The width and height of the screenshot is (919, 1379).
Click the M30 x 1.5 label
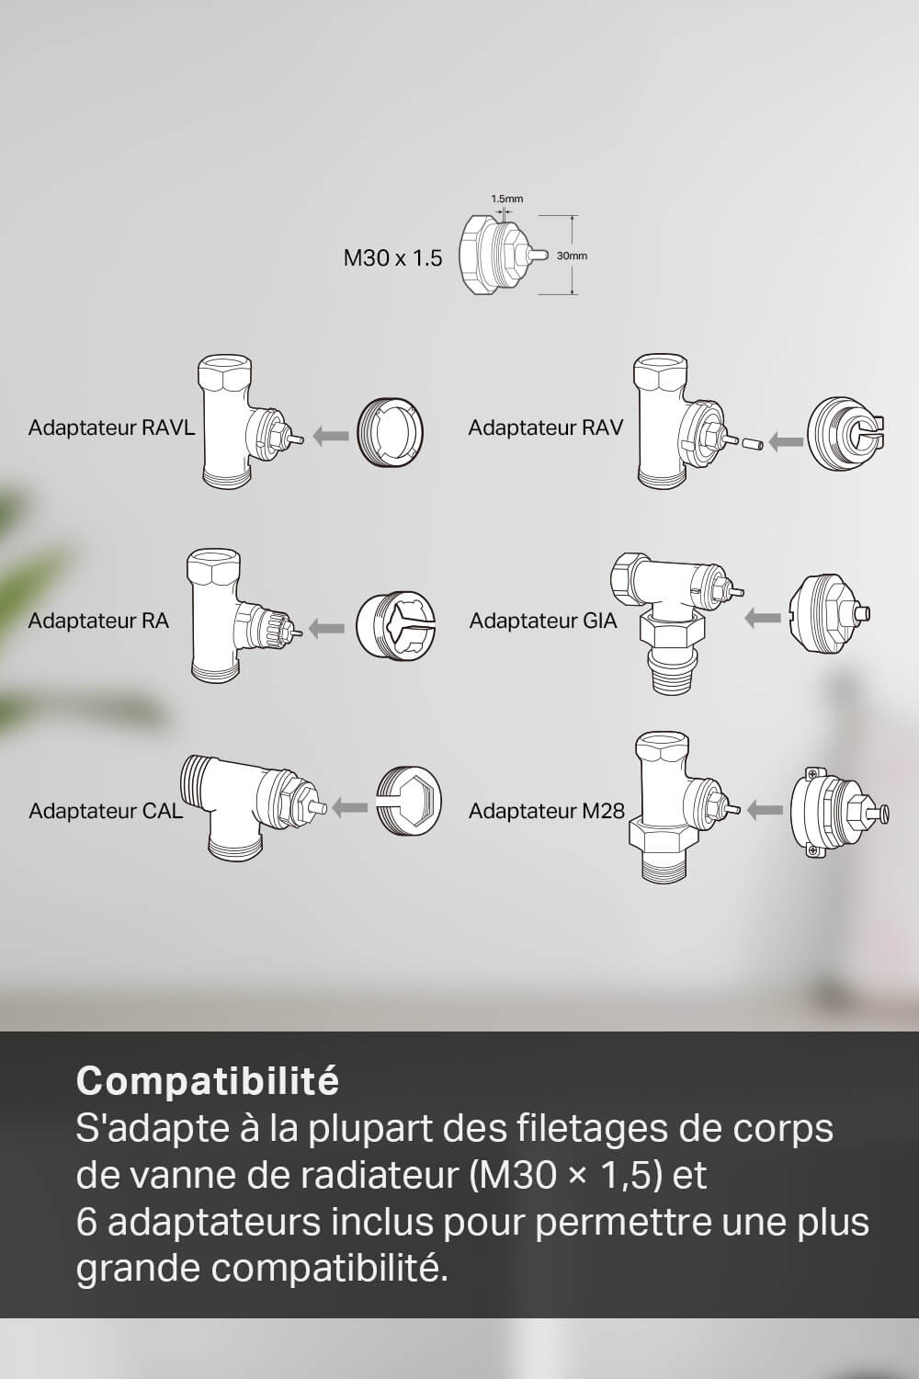392,258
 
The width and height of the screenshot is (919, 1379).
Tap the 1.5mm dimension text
506,199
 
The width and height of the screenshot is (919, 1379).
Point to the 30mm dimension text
572,256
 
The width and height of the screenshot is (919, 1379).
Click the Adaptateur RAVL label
111,427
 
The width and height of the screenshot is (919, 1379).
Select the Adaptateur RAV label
545,427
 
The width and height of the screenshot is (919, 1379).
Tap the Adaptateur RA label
98,621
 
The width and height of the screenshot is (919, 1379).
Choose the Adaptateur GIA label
543,621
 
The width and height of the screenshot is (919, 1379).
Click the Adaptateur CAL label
106,811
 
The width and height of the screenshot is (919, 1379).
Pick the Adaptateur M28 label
547,811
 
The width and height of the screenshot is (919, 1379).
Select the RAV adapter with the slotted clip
846,434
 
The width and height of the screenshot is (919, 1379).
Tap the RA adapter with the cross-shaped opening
395,626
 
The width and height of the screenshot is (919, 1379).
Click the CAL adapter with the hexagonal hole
409,801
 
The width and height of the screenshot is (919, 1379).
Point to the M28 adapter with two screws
839,812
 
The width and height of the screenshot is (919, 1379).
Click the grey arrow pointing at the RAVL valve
331,436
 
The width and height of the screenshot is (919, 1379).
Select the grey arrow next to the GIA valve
763,618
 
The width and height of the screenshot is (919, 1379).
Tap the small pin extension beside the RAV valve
751,442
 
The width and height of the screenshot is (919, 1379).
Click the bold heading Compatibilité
208,1080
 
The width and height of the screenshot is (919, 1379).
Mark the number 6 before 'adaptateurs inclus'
86,1223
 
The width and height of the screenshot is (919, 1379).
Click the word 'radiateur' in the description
380,1176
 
